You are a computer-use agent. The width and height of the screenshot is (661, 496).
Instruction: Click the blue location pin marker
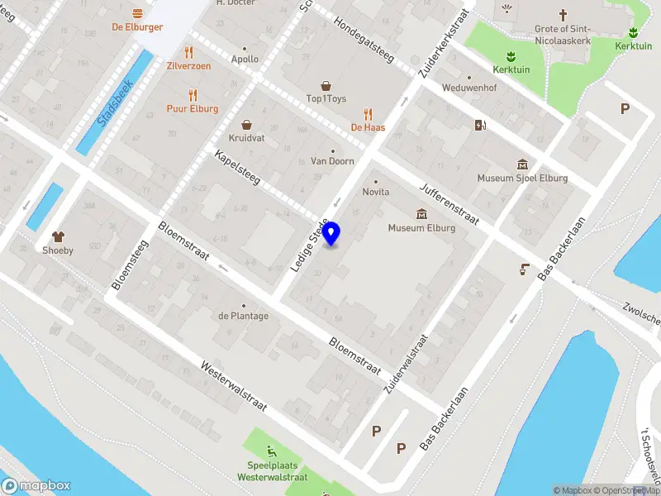(331, 233)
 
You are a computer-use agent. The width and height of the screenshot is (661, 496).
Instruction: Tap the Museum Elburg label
(421, 228)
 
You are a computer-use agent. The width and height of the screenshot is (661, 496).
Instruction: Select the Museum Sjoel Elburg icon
(522, 164)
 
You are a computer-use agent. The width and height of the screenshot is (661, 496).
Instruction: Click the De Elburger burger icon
(137, 13)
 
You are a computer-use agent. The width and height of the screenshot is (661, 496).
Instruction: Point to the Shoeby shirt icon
(58, 237)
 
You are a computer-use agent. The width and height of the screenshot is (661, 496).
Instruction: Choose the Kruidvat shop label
(246, 138)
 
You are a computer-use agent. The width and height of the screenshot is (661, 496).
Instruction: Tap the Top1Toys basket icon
(326, 85)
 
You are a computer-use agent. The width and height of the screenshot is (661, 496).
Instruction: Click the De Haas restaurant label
(368, 127)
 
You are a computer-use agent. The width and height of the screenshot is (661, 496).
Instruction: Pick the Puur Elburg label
(193, 109)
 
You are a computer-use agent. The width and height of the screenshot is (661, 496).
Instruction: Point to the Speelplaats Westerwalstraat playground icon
(272, 451)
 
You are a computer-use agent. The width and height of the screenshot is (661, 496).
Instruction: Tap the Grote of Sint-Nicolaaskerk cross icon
(564, 15)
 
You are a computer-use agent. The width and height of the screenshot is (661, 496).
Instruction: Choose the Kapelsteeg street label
(237, 168)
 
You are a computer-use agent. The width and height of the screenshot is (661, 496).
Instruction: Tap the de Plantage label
(243, 316)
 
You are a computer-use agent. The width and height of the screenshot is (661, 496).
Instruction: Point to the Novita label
(376, 192)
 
